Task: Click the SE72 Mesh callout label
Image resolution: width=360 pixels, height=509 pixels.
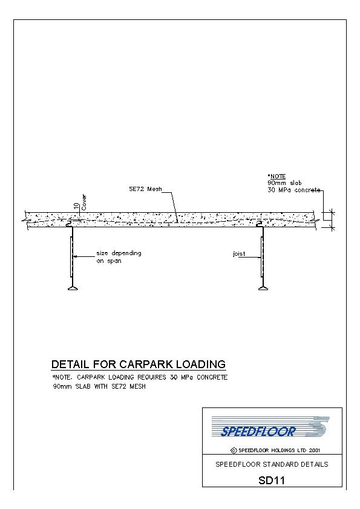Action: [x=145, y=189]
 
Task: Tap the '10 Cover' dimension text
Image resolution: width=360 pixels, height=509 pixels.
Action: [x=80, y=203]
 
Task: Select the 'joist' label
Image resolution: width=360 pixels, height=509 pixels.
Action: [x=239, y=254]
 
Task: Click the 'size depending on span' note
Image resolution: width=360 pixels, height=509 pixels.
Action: [x=119, y=257]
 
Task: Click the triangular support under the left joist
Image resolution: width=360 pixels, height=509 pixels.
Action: [x=73, y=288]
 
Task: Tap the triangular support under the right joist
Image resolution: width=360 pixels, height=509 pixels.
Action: [x=263, y=288]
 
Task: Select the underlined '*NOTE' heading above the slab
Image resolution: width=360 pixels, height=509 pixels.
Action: [x=277, y=177]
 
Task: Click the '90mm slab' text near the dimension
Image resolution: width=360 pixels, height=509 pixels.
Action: [x=284, y=183]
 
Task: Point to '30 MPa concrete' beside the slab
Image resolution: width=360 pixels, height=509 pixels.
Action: [x=293, y=190]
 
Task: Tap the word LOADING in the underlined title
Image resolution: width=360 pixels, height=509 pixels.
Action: [x=200, y=365]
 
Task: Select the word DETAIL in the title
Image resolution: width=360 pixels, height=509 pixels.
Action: [x=70, y=365]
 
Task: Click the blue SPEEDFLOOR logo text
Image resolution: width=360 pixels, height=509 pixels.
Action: [x=258, y=432]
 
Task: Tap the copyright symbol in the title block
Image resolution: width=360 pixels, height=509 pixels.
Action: [x=234, y=450]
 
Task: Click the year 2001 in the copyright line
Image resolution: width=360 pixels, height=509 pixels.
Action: [x=315, y=450]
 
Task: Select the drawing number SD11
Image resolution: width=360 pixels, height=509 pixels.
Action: [x=272, y=480]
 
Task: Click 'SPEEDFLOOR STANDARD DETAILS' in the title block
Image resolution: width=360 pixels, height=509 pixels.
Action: [x=272, y=464]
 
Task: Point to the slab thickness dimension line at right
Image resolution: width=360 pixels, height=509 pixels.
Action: [x=332, y=220]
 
